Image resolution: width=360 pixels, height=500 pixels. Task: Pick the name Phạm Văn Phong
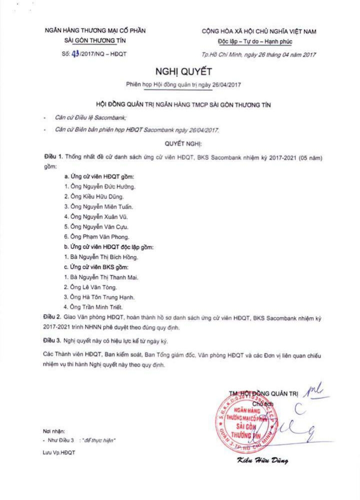[107, 236]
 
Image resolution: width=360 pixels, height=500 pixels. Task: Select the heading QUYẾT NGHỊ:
[182, 143]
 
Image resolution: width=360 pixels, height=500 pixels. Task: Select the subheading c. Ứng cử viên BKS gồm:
[96, 267]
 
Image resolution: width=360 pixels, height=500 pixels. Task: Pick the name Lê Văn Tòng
[98, 286]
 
